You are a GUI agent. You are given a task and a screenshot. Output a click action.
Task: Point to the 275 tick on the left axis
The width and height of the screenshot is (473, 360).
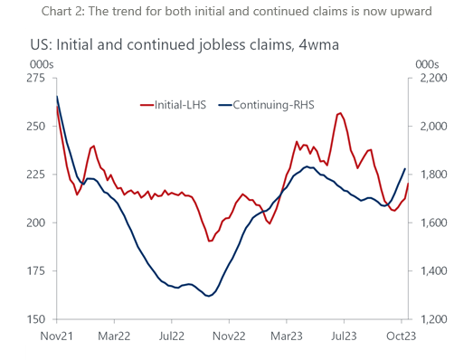pos(37,79)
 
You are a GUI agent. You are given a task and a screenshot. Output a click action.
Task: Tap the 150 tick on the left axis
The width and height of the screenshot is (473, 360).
pos(37,319)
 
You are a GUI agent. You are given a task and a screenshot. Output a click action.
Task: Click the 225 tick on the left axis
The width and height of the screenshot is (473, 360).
pos(37,175)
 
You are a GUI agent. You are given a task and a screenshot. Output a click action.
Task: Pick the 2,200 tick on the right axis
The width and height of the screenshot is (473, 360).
pos(432,79)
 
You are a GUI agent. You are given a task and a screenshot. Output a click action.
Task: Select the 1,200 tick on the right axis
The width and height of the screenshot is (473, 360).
pos(432,319)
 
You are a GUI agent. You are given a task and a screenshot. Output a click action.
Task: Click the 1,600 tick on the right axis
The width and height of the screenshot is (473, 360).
pos(432,223)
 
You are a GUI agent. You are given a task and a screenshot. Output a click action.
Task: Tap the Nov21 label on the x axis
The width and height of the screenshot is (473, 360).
pos(56,335)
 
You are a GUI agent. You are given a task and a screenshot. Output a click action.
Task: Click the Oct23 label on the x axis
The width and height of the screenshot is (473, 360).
pos(402,335)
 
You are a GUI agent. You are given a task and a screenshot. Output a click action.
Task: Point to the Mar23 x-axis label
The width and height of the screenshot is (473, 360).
pos(287,335)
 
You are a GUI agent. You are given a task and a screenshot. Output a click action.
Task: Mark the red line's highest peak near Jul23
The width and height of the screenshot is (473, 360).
pos(339,113)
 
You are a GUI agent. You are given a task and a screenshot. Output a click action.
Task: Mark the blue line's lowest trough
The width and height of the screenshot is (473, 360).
pos(208,296)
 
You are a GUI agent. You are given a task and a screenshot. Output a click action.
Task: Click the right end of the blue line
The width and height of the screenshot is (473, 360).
pos(404,169)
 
